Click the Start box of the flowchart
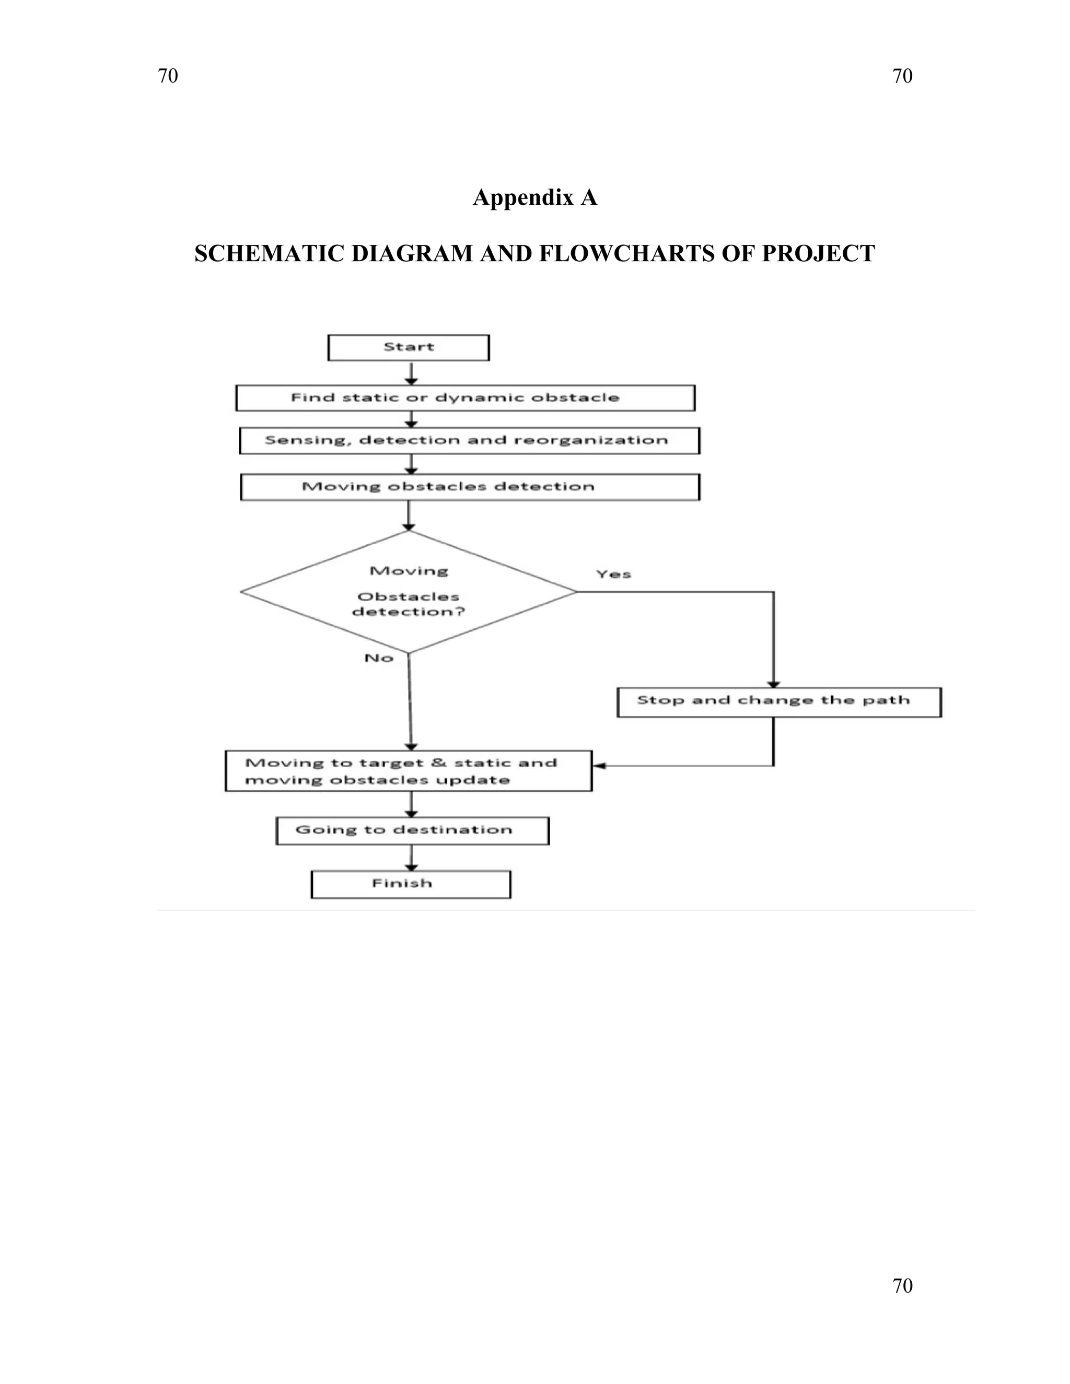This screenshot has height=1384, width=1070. click(x=408, y=347)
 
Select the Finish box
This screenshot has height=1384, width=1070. click(x=410, y=884)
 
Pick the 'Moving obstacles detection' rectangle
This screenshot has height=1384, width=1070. click(x=469, y=487)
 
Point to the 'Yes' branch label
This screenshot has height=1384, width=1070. click(x=613, y=574)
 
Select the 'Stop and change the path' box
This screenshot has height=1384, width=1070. click(x=778, y=701)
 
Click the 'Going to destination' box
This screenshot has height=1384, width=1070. click(x=412, y=830)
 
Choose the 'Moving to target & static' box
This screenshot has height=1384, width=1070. click(x=408, y=770)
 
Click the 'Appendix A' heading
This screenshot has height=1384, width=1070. click(x=534, y=198)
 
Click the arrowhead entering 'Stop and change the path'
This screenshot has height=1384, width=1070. click(x=773, y=684)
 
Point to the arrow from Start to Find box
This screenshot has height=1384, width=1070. click(x=411, y=374)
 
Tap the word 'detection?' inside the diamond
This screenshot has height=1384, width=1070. click(x=408, y=612)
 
